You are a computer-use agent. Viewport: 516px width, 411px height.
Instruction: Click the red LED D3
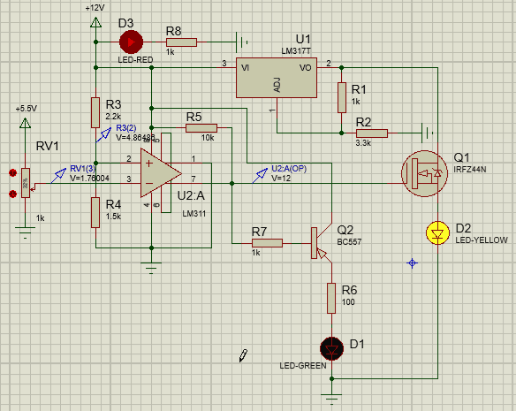(131, 42)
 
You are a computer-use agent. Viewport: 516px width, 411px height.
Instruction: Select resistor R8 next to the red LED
(181, 42)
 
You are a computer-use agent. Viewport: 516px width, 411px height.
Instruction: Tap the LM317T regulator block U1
(275, 80)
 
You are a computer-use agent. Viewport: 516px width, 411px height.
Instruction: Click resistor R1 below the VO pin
(340, 98)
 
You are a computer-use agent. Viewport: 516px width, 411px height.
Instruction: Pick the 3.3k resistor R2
(371, 133)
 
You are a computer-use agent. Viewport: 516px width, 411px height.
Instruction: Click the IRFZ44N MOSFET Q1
(422, 173)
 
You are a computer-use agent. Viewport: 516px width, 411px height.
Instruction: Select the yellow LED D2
(437, 233)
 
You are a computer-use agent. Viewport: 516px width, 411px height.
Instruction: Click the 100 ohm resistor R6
(331, 298)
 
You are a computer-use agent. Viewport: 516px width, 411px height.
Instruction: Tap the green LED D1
(331, 347)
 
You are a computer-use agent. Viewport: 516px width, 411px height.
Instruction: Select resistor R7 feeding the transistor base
(266, 242)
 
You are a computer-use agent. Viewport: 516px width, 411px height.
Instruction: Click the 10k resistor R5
(201, 128)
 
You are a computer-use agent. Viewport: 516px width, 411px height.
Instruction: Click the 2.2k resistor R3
(95, 113)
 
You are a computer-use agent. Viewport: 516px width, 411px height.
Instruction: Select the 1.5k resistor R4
(95, 212)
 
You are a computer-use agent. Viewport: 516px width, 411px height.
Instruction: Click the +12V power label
(95, 8)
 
